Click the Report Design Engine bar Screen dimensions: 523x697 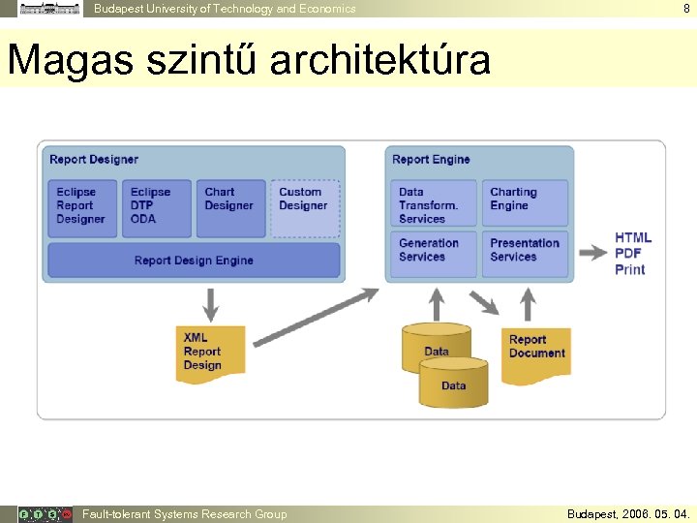click(x=194, y=261)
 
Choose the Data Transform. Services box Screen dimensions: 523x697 click(x=433, y=204)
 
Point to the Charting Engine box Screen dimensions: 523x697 click(x=526, y=204)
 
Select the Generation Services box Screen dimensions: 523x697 click(x=433, y=253)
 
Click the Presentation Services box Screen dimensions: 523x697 click(x=526, y=253)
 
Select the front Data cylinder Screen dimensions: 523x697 click(x=453, y=384)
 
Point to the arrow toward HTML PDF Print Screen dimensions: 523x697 click(x=592, y=253)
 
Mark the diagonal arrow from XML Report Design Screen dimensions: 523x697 click(x=314, y=314)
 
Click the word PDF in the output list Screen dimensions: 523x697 click(x=628, y=254)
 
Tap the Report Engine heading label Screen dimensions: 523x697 click(x=431, y=160)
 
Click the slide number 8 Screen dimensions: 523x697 click(x=686, y=9)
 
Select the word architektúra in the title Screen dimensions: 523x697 click(x=380, y=60)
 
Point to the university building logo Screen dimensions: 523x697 click(x=50, y=9)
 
